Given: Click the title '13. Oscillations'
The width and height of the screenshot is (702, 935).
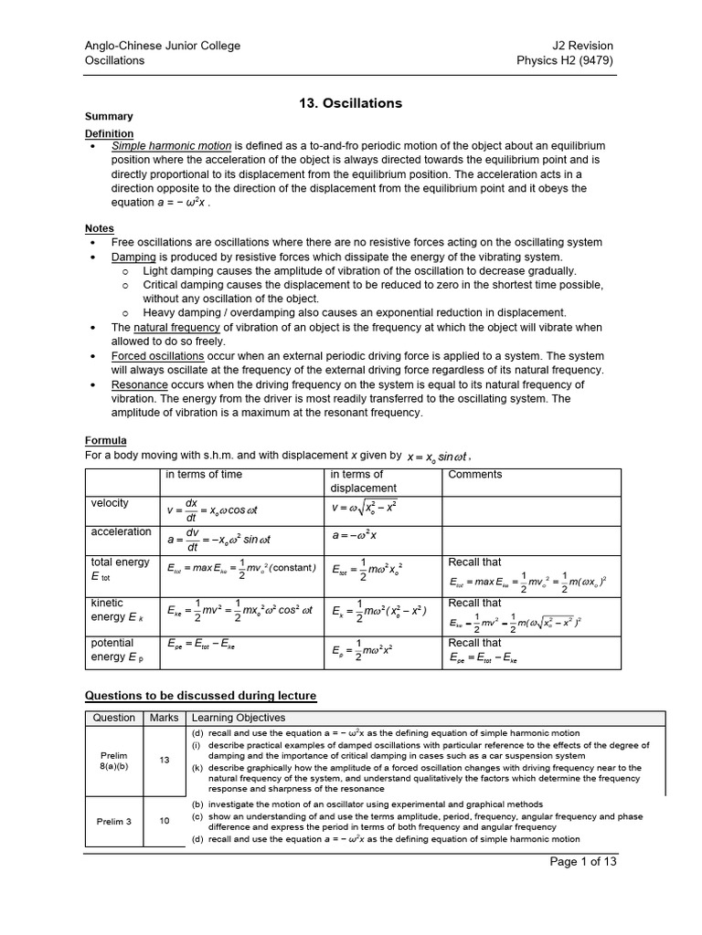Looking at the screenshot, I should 351,103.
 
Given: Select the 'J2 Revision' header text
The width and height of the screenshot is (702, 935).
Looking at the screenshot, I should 583,46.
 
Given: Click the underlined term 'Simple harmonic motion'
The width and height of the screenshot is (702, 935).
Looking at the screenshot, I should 172,146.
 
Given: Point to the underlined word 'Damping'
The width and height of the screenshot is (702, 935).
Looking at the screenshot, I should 133,257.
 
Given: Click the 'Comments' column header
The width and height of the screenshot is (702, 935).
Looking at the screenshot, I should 475,475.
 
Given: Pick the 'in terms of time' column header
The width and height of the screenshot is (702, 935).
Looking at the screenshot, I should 204,475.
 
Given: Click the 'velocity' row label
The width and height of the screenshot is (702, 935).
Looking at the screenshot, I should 110,503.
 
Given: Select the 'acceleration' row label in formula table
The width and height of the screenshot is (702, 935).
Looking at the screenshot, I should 121,531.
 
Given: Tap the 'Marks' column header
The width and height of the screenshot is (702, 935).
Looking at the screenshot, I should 165,719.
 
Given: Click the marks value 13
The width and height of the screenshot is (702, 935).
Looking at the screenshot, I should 165,760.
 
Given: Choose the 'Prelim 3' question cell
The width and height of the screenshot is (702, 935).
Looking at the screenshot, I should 114,821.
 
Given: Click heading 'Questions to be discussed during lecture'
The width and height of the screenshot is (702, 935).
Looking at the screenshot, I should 200,696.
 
